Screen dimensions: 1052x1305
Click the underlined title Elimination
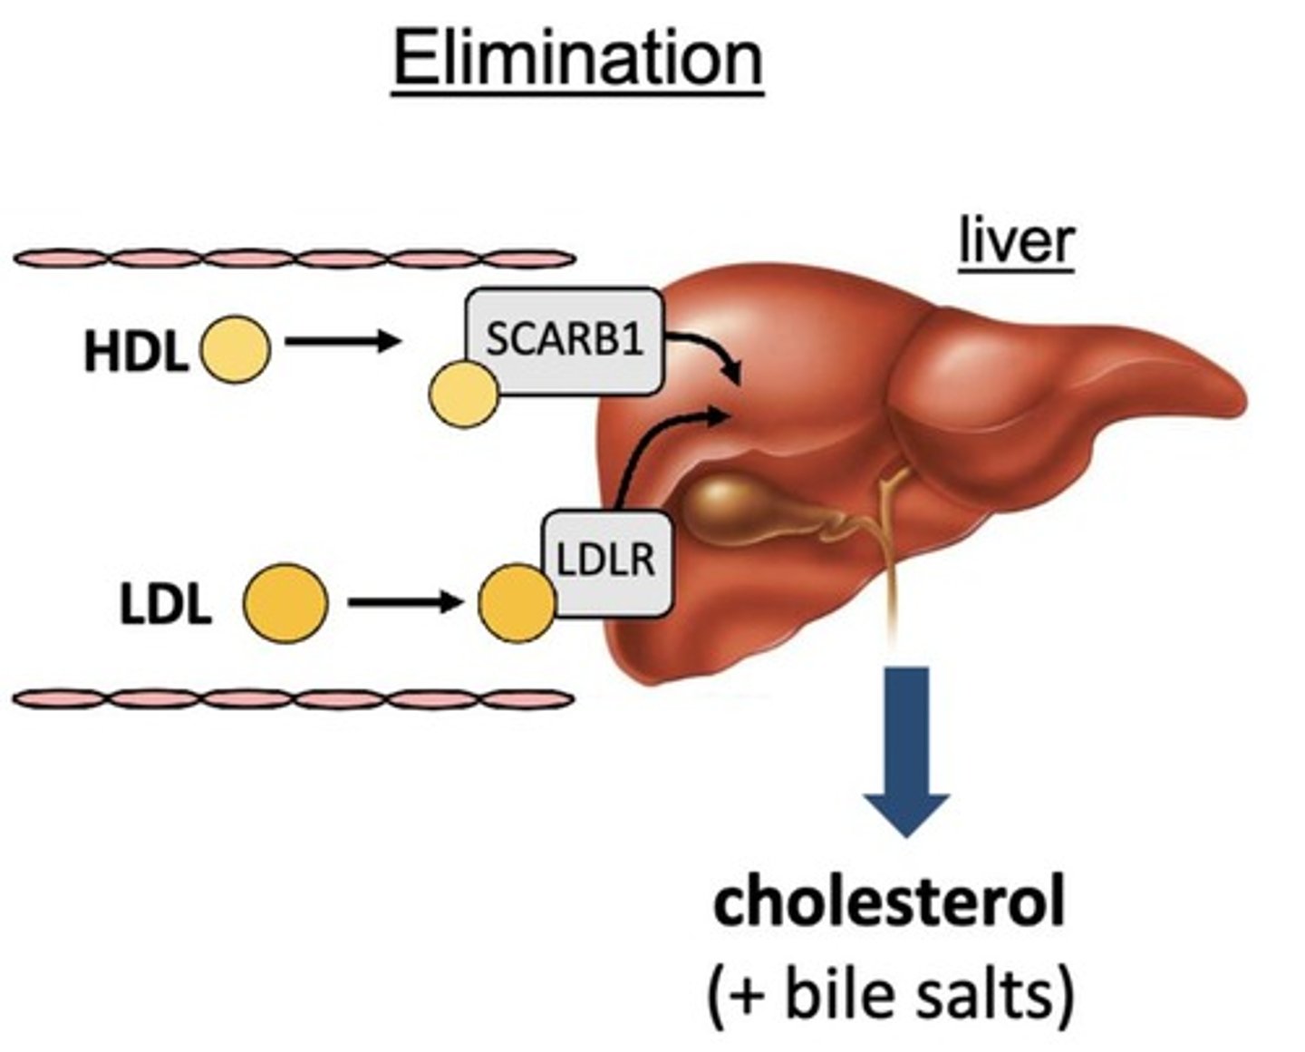point(577,59)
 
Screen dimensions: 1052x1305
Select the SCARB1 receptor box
point(564,341)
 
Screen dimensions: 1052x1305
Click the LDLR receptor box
point(606,561)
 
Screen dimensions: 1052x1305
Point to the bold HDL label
point(135,352)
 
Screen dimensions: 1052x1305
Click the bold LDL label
point(165,605)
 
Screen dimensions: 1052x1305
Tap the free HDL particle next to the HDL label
point(235,349)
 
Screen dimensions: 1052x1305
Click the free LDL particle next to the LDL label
point(285,603)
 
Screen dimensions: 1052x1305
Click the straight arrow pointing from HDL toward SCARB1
point(343,342)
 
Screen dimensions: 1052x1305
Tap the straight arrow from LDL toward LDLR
point(405,601)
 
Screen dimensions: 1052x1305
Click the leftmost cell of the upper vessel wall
point(62,258)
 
